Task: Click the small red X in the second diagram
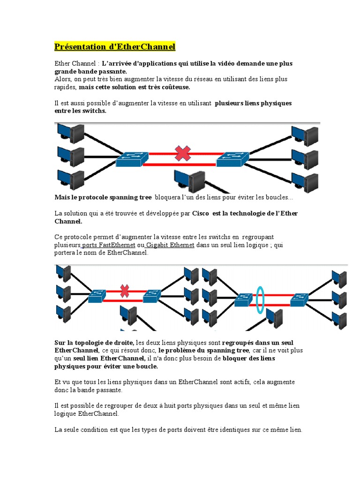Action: (124, 291)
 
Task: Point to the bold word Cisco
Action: (201, 213)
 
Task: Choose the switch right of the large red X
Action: (233, 160)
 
